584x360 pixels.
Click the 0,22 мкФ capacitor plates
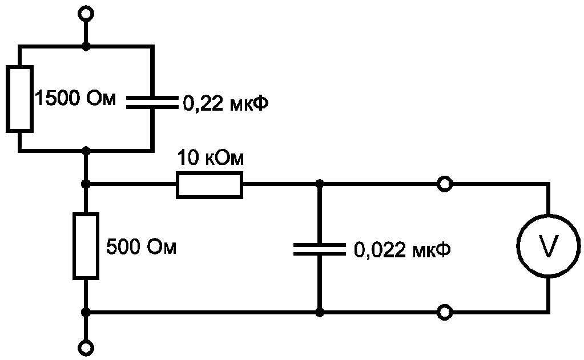152,102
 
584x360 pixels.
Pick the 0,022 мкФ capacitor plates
319,249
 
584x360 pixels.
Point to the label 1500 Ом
75,99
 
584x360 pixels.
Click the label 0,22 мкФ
225,103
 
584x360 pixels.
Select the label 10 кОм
211,158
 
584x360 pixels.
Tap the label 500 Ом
141,246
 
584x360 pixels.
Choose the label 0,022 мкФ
402,249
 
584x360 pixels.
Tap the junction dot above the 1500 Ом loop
86,47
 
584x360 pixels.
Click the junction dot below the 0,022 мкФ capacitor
319,312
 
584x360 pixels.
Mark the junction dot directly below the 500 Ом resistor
86,312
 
